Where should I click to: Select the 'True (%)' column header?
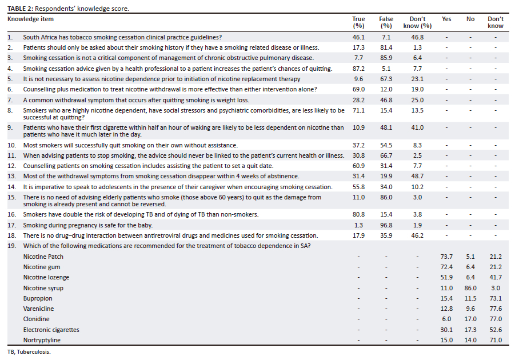(358, 22)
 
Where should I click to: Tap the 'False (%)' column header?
(386, 22)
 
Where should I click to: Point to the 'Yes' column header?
(446, 19)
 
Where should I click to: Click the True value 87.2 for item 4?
(358, 69)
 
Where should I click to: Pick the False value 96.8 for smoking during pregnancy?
(386, 225)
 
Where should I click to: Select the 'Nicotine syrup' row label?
(43, 288)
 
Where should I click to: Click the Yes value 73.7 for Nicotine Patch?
(446, 257)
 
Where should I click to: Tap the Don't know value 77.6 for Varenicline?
(496, 309)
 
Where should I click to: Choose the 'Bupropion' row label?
(38, 298)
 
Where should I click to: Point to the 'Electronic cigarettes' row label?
(51, 330)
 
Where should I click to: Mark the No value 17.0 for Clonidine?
(470, 319)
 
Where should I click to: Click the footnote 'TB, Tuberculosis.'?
(29, 352)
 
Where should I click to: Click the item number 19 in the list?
(11, 246)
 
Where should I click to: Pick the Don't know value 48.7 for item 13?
(417, 176)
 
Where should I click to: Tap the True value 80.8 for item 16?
(358, 214)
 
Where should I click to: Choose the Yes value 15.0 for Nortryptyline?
(446, 340)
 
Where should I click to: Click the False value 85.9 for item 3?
(386, 58)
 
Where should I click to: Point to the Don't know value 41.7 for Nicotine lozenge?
(496, 278)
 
